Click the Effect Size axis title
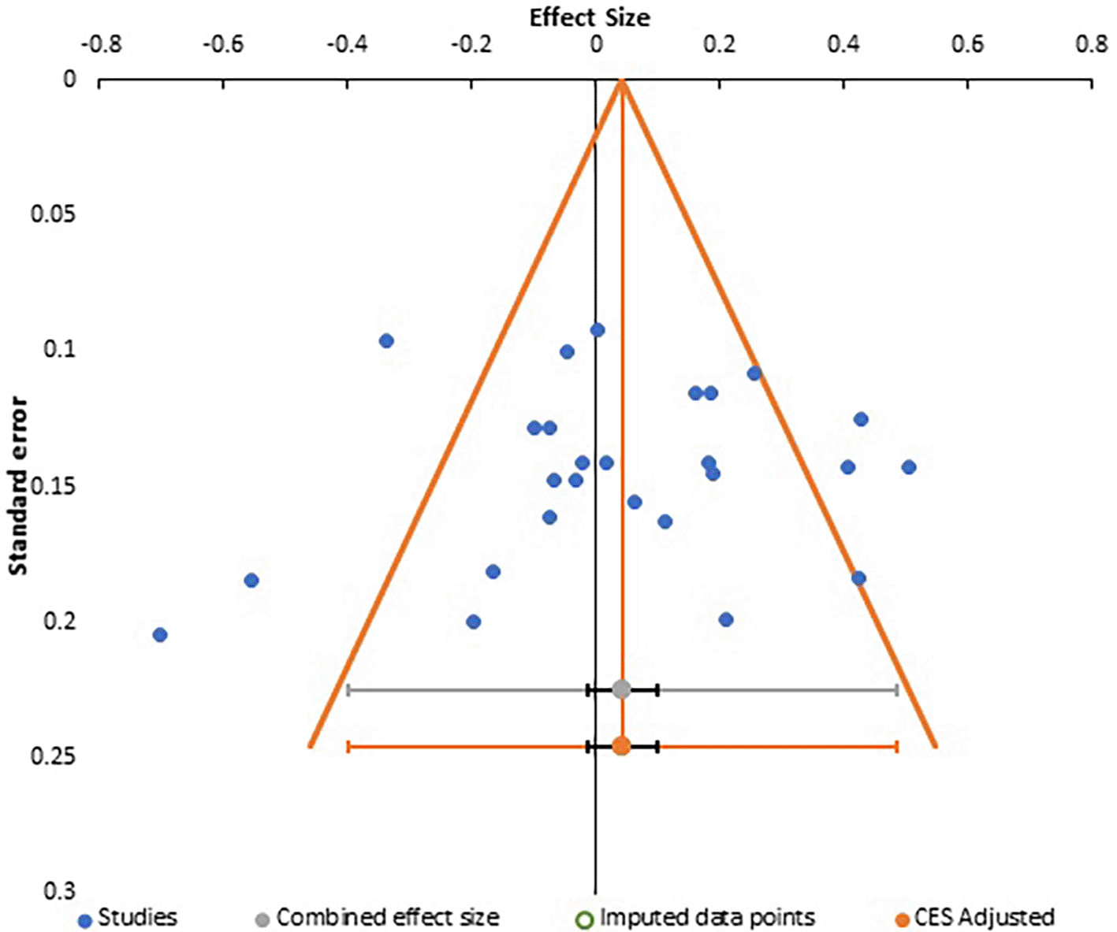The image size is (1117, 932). pos(590,17)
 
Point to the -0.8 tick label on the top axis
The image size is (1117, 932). pos(101,44)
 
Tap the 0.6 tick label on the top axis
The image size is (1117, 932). pos(967,44)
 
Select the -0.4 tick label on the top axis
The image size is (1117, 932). pos(347,44)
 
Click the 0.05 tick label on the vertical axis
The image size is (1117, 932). pos(54,214)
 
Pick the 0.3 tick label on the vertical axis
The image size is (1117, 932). pos(60,891)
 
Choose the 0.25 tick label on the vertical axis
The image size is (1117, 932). pos(54,756)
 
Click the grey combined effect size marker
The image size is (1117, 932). pos(621,690)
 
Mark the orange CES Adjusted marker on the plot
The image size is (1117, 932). pos(621,745)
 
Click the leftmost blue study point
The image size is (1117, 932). pos(160,635)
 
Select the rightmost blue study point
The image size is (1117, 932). pos(909,467)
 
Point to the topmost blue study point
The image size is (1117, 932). pos(598,330)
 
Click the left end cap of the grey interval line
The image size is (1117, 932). pos(348,690)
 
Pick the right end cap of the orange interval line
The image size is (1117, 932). pos(896,746)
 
